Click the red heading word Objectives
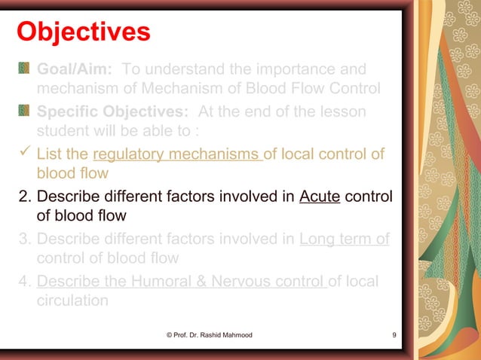pyautogui.click(x=83, y=32)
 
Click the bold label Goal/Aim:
pyautogui.click(x=75, y=69)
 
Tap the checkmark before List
pyautogui.click(x=24, y=154)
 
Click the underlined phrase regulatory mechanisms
pyautogui.click(x=177, y=155)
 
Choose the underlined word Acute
pyautogui.click(x=320, y=197)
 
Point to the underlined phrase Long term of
pyautogui.click(x=344, y=239)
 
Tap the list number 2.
pyautogui.click(x=23, y=197)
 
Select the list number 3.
pyautogui.click(x=23, y=239)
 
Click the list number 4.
pyautogui.click(x=23, y=282)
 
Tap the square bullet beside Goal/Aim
pyautogui.click(x=24, y=70)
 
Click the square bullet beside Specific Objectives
pyautogui.click(x=24, y=112)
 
